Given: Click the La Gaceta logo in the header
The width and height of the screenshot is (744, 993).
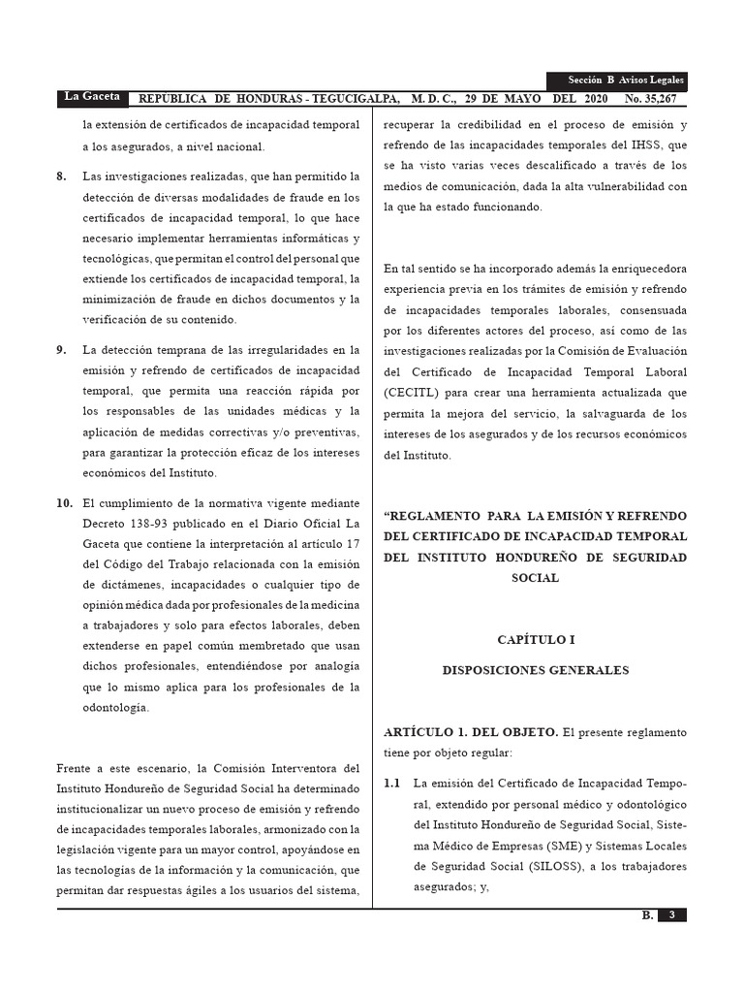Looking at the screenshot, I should pyautogui.click(x=92, y=97).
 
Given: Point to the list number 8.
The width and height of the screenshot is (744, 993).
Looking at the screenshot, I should pyautogui.click(x=62, y=176).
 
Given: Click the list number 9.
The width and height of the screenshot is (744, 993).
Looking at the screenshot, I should pyautogui.click(x=62, y=350).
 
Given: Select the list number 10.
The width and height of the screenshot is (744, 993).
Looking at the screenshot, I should pyautogui.click(x=65, y=503).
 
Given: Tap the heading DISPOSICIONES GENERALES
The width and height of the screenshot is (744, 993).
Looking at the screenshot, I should pyautogui.click(x=535, y=670).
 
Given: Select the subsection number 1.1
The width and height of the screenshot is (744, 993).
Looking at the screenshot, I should pyautogui.click(x=392, y=783).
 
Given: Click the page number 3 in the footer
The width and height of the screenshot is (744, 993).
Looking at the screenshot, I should pyautogui.click(x=671, y=915).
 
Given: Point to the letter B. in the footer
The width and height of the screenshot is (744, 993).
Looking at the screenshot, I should pyautogui.click(x=647, y=915).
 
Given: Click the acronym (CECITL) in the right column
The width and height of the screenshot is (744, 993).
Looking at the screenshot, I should pyautogui.click(x=415, y=393).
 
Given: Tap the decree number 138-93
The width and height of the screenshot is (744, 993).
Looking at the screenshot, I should pyautogui.click(x=154, y=524).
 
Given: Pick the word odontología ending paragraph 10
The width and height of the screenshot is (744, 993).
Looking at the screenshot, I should pyautogui.click(x=116, y=708).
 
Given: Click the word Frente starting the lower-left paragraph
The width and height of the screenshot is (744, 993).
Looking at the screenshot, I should pyautogui.click(x=76, y=768).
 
